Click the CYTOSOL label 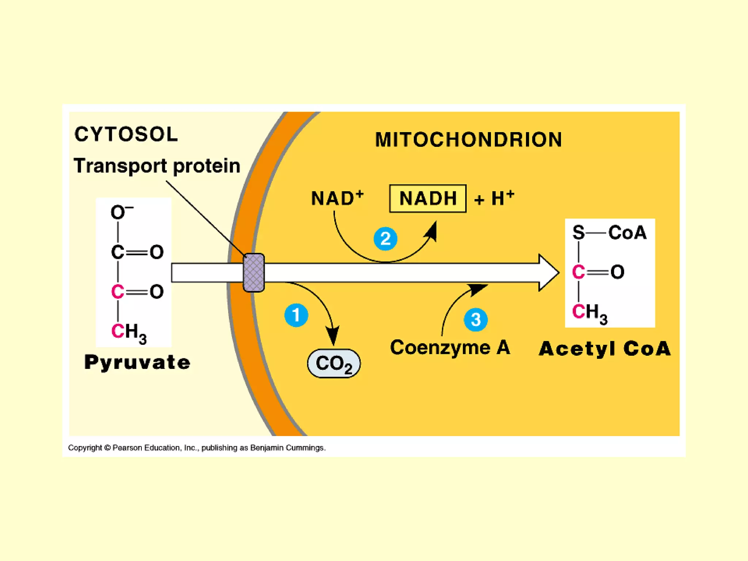126,134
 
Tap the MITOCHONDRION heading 469,140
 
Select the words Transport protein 157,166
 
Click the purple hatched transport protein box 254,272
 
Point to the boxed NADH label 428,199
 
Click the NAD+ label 337,198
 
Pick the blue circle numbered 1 296,315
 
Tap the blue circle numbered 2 385,239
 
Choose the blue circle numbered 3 476,320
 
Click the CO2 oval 334,363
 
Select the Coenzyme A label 450,347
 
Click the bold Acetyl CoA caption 605,348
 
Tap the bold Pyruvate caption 137,362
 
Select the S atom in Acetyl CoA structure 579,232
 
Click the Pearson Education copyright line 197,448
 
